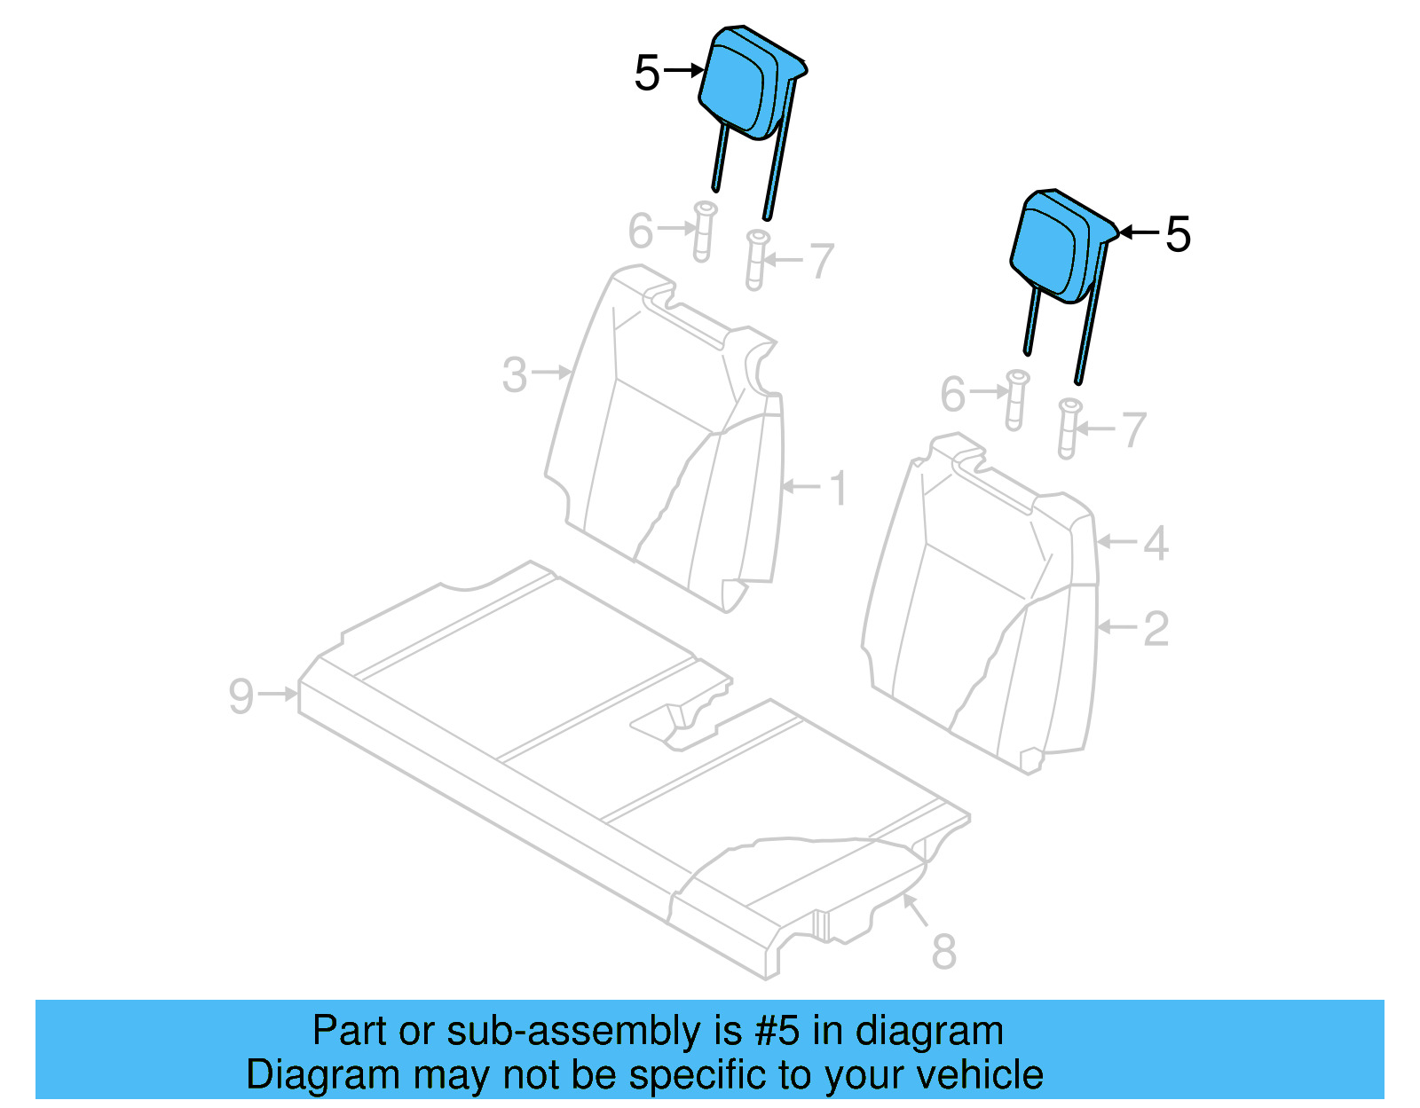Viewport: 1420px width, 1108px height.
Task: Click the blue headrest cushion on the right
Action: click(x=1052, y=247)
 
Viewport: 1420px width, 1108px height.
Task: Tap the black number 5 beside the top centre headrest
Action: click(x=647, y=73)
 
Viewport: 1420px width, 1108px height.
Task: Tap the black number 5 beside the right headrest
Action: click(x=1178, y=234)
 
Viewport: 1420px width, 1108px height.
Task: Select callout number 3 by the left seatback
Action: click(x=515, y=374)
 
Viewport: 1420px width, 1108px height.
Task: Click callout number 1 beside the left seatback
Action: click(x=837, y=488)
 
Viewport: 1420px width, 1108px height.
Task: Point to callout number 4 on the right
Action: click(x=1155, y=543)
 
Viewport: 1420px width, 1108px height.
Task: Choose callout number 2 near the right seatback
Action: click(x=1155, y=628)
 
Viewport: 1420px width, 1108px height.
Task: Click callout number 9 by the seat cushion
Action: click(x=241, y=695)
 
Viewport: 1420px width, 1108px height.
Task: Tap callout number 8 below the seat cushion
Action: click(x=943, y=951)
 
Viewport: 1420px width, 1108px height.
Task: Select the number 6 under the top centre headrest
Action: click(x=641, y=231)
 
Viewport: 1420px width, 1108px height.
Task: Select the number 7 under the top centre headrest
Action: click(x=822, y=261)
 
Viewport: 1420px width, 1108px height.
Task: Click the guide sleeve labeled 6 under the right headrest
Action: click(x=1016, y=400)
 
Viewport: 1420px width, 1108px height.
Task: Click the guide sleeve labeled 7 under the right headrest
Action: click(x=1069, y=428)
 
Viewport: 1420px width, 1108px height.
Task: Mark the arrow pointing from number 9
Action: click(x=279, y=694)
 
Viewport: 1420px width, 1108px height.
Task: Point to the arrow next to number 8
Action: click(x=915, y=910)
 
